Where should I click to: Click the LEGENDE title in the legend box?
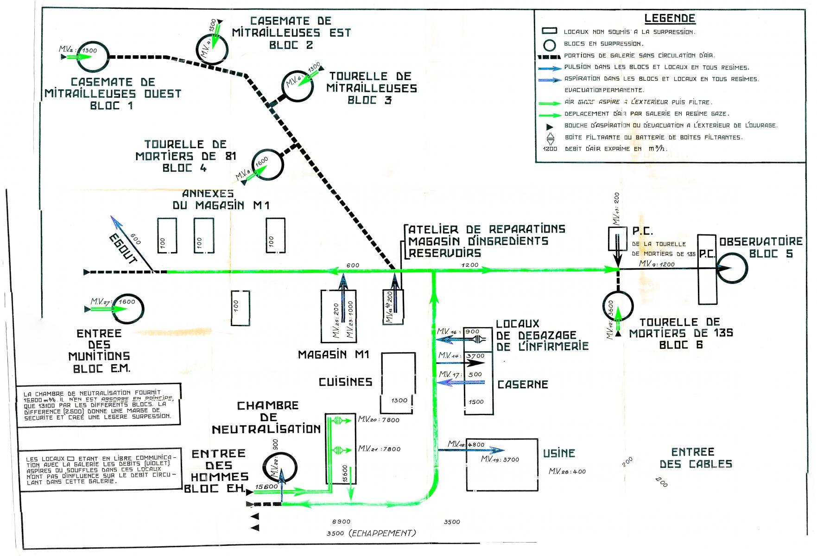(x=670, y=19)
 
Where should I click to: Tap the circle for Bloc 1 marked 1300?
(x=93, y=56)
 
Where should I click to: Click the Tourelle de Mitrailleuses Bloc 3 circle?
(x=298, y=86)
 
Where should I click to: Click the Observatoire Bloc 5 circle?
(x=732, y=268)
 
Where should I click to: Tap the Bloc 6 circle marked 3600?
(x=618, y=306)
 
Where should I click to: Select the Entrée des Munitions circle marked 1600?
(x=128, y=309)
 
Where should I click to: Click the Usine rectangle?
(x=502, y=464)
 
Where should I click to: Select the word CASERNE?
(x=523, y=385)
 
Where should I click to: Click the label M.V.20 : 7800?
(x=378, y=420)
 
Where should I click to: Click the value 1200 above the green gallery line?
(x=469, y=265)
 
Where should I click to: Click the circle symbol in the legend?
(x=549, y=44)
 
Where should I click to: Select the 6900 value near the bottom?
(x=341, y=521)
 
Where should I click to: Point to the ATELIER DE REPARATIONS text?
(x=487, y=229)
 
